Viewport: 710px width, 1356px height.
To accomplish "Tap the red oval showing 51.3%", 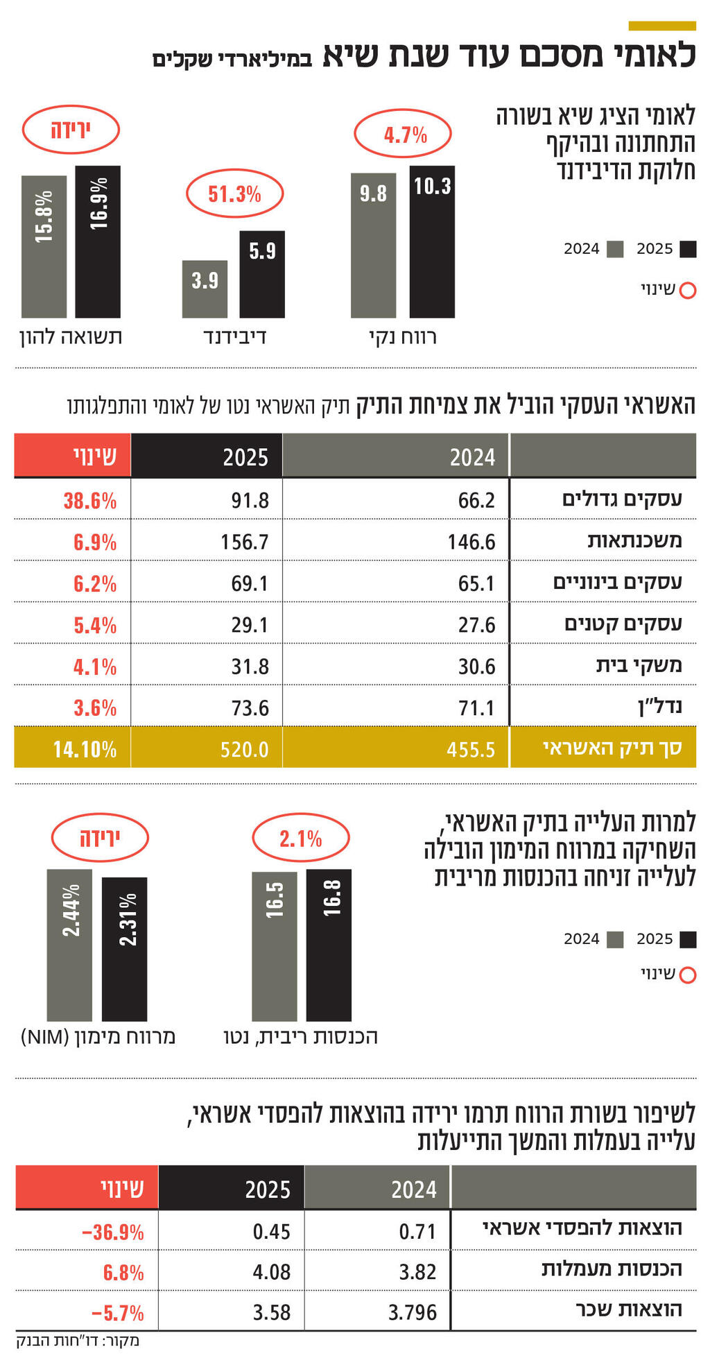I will [x=234, y=194].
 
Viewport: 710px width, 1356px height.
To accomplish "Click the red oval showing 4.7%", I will [x=403, y=134].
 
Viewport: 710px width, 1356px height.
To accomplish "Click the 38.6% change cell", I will [x=89, y=500].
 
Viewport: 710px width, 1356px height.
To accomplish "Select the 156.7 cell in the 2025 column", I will [x=244, y=542].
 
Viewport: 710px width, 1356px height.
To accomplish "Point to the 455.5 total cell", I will [x=471, y=749].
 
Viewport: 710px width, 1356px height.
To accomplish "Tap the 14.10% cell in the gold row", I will [x=85, y=749].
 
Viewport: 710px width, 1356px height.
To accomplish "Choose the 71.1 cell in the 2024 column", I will [x=476, y=707].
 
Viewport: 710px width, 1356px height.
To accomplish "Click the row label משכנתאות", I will [x=634, y=541].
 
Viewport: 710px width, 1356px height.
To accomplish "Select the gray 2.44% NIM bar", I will [x=69, y=945].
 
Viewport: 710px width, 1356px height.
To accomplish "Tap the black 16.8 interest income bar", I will [x=329, y=945].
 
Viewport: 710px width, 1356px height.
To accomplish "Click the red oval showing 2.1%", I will [x=300, y=839].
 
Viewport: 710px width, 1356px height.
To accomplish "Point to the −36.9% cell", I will [x=112, y=1232].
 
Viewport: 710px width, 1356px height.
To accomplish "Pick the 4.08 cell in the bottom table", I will [x=271, y=1272].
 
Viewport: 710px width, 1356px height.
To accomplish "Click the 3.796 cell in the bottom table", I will [x=413, y=1312].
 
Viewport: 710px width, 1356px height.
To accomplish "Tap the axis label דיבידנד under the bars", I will [x=234, y=338].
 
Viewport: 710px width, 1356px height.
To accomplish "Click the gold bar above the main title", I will [x=661, y=26].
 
